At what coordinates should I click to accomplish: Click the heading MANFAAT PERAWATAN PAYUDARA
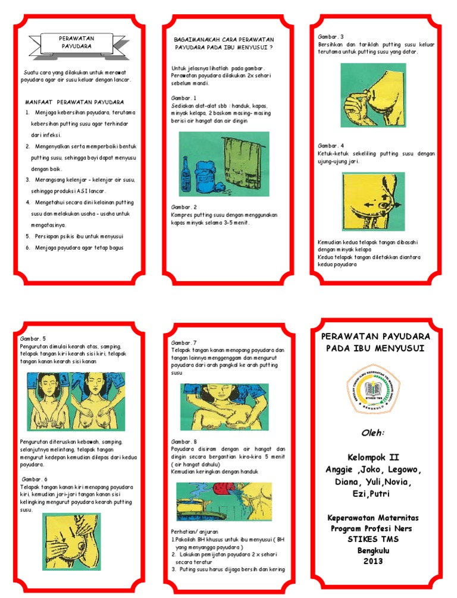(74, 102)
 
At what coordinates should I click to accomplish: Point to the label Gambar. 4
(331, 145)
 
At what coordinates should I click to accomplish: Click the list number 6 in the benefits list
(27, 247)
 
